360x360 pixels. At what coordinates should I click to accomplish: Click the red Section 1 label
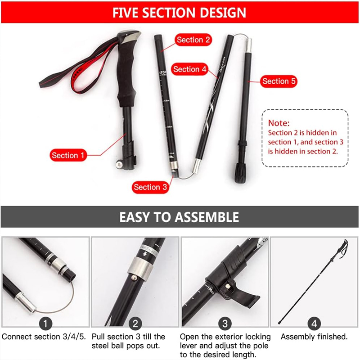click(68, 155)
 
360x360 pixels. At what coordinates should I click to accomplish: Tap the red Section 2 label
click(193, 40)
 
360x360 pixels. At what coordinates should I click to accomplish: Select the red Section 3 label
click(150, 187)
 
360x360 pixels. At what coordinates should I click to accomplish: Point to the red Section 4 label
click(189, 69)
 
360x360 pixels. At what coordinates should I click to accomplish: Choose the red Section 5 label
click(279, 81)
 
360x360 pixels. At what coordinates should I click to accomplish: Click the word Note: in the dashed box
click(279, 123)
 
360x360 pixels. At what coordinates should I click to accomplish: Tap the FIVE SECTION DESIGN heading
click(180, 12)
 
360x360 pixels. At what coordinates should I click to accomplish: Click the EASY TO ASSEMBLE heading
click(180, 218)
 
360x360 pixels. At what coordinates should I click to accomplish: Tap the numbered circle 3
click(225, 323)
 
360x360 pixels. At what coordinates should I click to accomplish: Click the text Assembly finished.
click(314, 337)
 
